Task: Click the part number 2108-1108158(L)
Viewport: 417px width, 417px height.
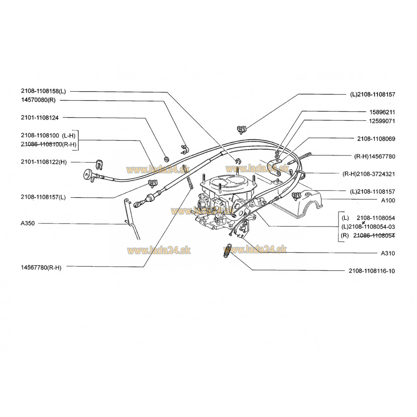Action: point(43,91)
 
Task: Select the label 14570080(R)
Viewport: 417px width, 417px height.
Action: point(38,100)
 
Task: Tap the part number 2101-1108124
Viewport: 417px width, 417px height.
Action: point(40,118)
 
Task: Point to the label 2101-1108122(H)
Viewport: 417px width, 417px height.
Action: point(44,162)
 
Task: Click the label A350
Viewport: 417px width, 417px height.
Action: point(28,224)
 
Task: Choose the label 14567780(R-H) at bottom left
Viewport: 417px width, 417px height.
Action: point(41,268)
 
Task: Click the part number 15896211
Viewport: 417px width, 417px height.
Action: point(382,112)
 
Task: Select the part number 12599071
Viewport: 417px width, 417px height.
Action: point(382,121)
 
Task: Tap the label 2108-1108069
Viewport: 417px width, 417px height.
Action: point(376,139)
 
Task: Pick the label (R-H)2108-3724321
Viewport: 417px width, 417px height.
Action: point(369,174)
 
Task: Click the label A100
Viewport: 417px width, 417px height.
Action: point(388,201)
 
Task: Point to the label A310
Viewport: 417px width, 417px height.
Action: point(388,254)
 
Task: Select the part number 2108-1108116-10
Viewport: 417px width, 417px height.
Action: point(372,271)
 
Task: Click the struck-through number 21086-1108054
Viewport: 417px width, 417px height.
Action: point(374,236)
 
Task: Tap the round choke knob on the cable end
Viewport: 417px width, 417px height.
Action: point(88,175)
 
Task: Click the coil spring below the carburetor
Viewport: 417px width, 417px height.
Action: point(227,251)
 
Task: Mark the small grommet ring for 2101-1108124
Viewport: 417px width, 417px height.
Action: point(167,159)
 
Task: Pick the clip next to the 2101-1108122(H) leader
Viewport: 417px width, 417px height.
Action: point(100,165)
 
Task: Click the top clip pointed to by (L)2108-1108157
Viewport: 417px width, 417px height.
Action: point(241,130)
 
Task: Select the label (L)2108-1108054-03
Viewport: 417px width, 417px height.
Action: point(368,227)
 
